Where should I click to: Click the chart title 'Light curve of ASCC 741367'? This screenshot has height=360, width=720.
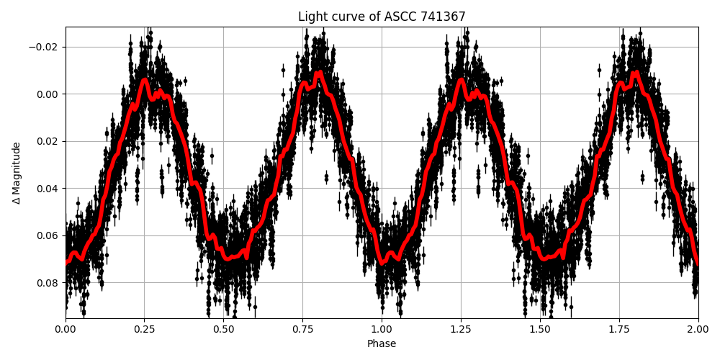(382, 17)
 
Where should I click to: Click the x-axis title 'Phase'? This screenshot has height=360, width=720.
(382, 343)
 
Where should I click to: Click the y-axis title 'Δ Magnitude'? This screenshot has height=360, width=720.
(17, 173)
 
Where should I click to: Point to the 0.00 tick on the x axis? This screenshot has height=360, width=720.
(66, 328)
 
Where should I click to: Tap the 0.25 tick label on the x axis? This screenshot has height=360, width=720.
(145, 328)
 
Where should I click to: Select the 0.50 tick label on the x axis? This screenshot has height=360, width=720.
(224, 328)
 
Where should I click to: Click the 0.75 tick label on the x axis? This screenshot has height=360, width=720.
(302, 328)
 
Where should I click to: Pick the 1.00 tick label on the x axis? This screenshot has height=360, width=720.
(382, 328)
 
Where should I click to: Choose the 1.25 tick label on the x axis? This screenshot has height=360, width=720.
(461, 328)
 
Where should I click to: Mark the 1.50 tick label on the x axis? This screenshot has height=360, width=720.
(540, 328)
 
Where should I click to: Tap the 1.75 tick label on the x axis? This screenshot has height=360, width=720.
(619, 328)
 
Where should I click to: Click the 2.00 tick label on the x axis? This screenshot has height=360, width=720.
(698, 328)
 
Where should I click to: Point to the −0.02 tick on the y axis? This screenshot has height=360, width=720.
(45, 47)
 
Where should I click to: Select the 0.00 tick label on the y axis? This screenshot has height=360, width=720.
(48, 94)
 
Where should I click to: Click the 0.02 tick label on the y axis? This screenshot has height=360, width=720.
(48, 141)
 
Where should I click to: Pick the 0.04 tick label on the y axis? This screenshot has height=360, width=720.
(48, 189)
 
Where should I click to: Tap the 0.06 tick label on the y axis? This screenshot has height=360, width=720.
(48, 235)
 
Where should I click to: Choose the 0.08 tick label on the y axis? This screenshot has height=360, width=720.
(48, 283)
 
